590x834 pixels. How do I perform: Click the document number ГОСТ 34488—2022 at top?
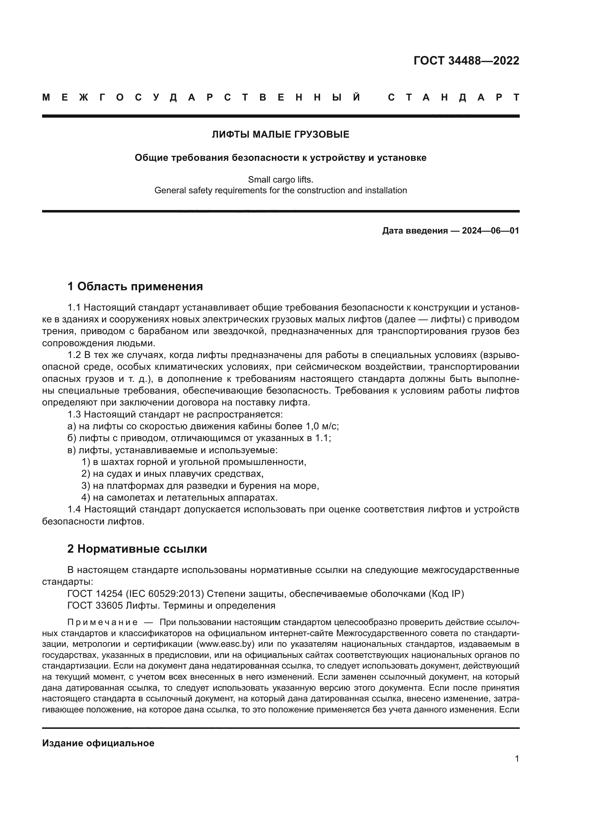click(466, 61)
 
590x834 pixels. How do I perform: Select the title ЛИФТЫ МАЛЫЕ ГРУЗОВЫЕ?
click(280, 134)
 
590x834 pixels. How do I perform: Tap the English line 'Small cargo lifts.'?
click(280, 179)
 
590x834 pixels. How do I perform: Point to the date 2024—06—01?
click(490, 231)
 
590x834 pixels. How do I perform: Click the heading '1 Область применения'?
click(135, 286)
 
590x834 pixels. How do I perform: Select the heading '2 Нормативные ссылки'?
click(137, 548)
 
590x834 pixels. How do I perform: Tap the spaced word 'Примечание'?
click(102, 622)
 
